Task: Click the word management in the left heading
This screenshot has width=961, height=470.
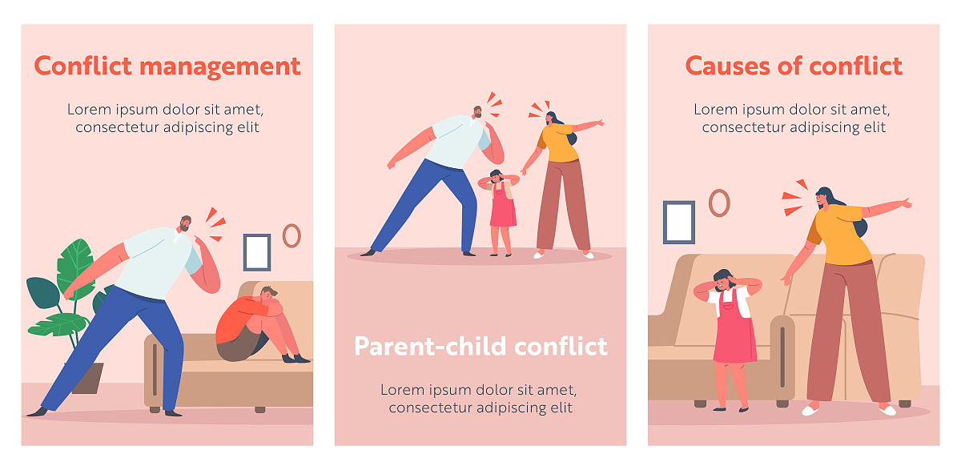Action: click(219, 67)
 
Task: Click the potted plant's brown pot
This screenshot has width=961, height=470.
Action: click(90, 378)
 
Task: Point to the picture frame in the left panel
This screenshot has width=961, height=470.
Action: click(257, 252)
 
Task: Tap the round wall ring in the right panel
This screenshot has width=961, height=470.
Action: click(719, 203)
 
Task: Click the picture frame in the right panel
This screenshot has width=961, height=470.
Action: click(679, 222)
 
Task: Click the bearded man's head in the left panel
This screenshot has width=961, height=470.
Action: click(185, 223)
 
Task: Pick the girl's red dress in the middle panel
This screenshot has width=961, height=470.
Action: click(503, 206)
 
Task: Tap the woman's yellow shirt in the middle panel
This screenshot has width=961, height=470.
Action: click(558, 143)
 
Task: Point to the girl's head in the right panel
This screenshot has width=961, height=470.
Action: click(723, 279)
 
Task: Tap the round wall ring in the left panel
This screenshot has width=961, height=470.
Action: click(292, 236)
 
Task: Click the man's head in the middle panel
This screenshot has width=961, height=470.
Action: click(477, 112)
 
